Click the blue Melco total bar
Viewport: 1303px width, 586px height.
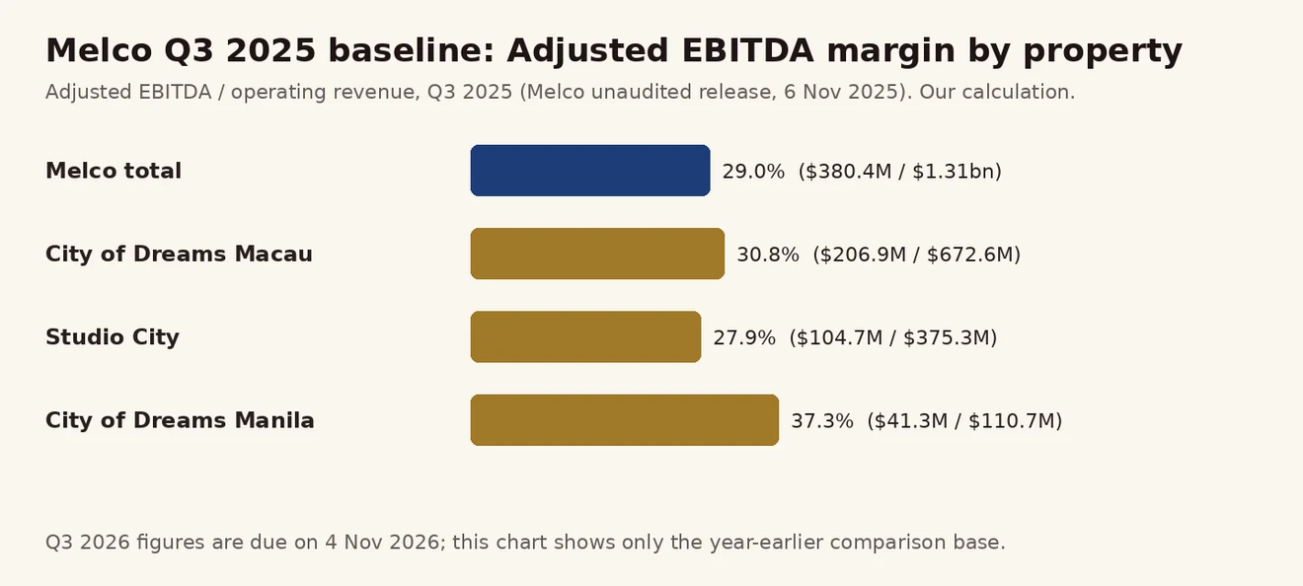590,171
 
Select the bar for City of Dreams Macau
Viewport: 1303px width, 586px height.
597,254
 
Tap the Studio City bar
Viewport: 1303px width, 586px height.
585,336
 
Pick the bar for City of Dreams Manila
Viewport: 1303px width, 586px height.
625,419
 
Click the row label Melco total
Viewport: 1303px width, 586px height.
114,171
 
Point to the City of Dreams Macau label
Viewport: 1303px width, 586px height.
180,255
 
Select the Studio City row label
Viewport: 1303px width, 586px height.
113,337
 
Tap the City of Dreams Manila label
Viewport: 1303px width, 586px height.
180,420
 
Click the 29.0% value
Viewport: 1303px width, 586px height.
753,172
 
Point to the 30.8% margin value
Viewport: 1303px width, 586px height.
768,255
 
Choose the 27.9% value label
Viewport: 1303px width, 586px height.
744,337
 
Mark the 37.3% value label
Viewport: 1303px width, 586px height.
822,421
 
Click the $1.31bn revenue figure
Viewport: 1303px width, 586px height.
953,172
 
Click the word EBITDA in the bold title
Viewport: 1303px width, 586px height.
747,50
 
